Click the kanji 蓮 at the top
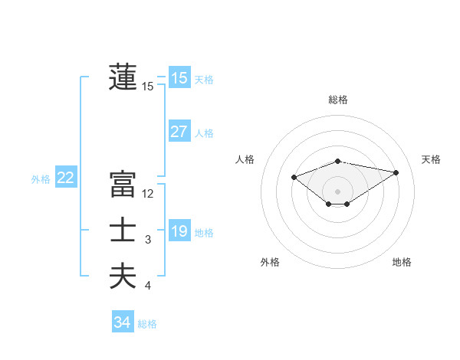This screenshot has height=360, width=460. coord(123,77)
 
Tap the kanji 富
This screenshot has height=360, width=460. coord(123,185)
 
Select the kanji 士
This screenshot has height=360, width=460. coord(123,231)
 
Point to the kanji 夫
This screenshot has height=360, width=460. coord(123,277)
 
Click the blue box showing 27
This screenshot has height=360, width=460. coord(179,132)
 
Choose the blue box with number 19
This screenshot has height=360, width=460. coord(179,231)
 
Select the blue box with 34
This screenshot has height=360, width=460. coord(122,322)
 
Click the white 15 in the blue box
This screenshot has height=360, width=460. coord(179,78)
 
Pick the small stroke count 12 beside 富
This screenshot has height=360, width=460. coord(148,194)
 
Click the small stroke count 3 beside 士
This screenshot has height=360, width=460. coord(148,240)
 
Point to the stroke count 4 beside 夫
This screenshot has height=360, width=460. coord(148,286)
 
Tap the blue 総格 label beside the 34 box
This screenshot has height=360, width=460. coord(147,324)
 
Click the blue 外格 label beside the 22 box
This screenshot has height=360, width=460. coord(41,179)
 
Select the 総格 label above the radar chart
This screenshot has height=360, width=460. coord(338,100)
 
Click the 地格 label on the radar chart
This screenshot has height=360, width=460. coord(402,262)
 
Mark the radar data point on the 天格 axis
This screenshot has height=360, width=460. coord(396,172)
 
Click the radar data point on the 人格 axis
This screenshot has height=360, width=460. coord(294,177)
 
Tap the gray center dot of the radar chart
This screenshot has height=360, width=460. coord(337,191)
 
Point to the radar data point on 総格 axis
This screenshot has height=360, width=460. coord(337,162)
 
